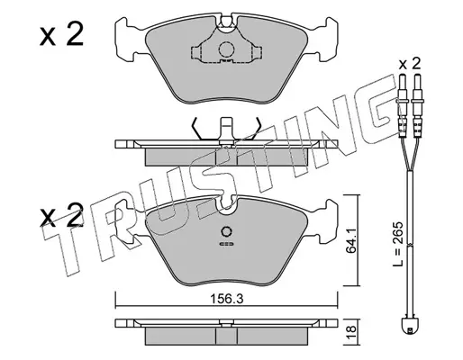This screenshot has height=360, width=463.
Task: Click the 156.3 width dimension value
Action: pyautogui.click(x=226, y=299)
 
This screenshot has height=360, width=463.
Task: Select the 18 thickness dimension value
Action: pyautogui.click(x=351, y=333)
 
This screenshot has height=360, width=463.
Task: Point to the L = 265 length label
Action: pyautogui.click(x=398, y=245)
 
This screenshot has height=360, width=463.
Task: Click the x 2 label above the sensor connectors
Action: pyautogui.click(x=410, y=64)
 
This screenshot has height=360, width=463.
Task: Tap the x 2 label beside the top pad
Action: pyautogui.click(x=61, y=35)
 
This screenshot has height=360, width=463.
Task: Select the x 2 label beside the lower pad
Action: pyautogui.click(x=61, y=215)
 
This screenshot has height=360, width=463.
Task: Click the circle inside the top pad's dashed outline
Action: pyautogui.click(x=226, y=49)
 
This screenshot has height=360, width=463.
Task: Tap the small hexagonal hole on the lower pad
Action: pyautogui.click(x=226, y=231)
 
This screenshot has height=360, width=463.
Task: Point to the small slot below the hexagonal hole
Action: pyautogui.click(x=226, y=244)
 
